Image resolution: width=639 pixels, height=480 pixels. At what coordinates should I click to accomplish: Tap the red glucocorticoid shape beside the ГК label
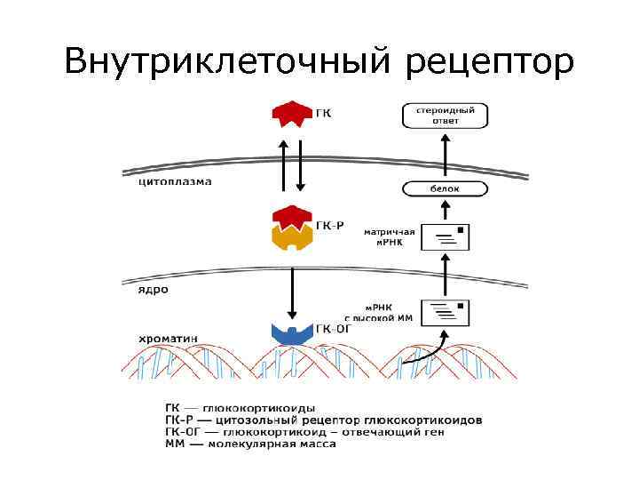(x=291, y=114)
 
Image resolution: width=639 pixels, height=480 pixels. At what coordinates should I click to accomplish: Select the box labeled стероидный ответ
(x=445, y=115)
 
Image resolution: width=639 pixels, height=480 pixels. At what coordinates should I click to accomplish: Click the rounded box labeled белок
(x=445, y=188)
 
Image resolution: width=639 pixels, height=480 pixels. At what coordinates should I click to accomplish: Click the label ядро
(x=153, y=289)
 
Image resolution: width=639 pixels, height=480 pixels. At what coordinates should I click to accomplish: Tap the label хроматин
(x=169, y=337)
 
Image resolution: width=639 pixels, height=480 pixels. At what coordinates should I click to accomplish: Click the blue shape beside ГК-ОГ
(x=291, y=334)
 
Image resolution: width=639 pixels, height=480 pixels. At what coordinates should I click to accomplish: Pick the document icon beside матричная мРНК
(x=446, y=236)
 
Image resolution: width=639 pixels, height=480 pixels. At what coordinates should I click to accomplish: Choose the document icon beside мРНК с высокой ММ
(x=446, y=312)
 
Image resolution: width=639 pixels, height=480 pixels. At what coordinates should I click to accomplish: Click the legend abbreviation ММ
(x=176, y=444)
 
